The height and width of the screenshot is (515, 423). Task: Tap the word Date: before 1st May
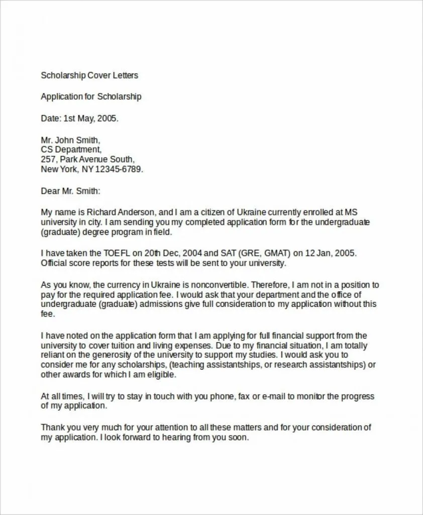[51, 119]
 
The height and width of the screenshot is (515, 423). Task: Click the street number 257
[48, 159]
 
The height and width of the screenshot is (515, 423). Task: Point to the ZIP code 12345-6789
[120, 169]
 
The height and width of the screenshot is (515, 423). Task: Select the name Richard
[110, 212]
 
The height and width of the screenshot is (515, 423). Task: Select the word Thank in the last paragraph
[52, 427]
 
